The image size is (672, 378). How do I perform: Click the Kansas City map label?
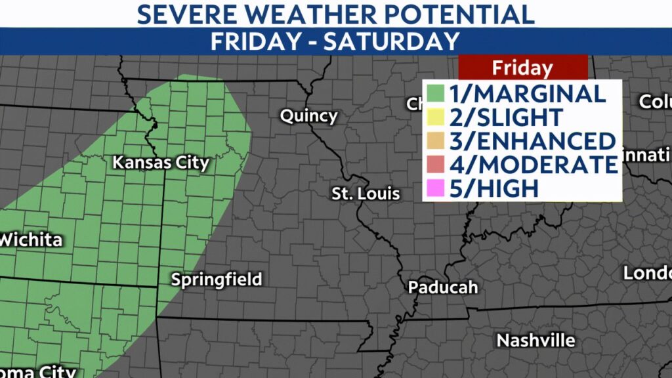[160, 162]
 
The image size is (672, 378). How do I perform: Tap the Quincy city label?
[308, 116]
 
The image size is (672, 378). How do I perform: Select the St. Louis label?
[366, 194]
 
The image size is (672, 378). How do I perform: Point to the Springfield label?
[216, 279]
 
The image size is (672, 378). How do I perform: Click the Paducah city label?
[442, 287]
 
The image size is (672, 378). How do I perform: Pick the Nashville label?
[535, 341]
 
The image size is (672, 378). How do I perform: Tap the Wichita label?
[31, 240]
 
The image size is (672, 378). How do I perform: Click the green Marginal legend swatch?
[435, 93]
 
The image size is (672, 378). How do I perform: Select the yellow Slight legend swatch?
[435, 117]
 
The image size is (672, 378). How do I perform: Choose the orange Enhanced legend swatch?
[435, 140]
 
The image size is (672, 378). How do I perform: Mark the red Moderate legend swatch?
[435, 164]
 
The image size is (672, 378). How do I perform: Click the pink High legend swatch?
[435, 188]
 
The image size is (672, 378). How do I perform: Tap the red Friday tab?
[522, 68]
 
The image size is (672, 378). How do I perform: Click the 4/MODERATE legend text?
[534, 164]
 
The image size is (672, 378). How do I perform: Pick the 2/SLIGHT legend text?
[505, 117]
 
